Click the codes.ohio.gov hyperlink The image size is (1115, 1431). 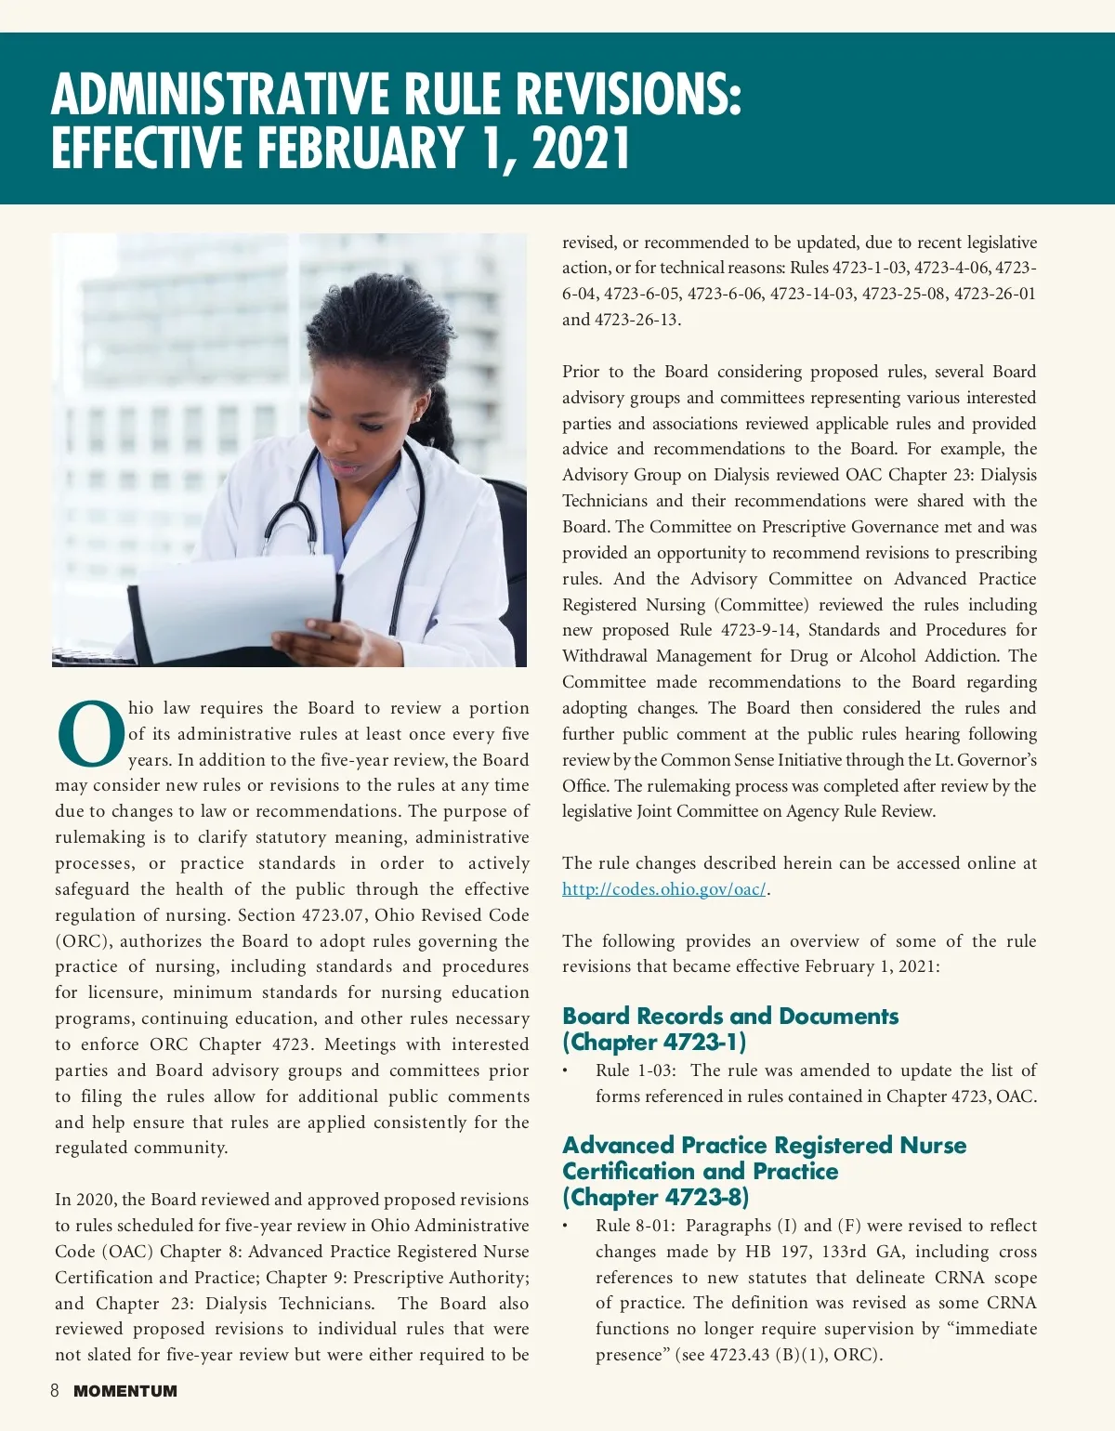point(663,889)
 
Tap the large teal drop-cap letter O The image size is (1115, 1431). point(91,734)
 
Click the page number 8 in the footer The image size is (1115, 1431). point(55,1391)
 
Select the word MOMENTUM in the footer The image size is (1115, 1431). point(125,1391)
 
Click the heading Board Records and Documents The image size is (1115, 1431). point(730,1016)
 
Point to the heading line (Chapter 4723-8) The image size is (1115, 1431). point(655,1197)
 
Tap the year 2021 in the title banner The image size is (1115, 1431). point(582,149)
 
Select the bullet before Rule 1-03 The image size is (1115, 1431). point(565,1071)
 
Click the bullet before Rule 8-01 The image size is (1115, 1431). point(565,1227)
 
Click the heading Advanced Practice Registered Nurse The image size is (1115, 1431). point(764,1145)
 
